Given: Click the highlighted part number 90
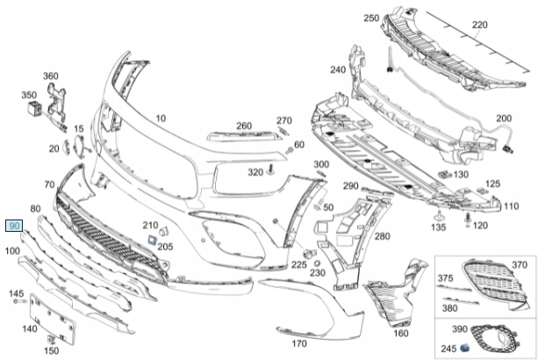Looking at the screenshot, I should (x=13, y=226).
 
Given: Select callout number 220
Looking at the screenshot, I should (x=479, y=25).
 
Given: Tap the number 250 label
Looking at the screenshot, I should (x=370, y=18).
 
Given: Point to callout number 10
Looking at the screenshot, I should (x=160, y=118).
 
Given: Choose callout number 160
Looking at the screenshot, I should (x=400, y=334).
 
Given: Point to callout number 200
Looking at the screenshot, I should (x=503, y=119).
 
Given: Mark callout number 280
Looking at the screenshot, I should (x=382, y=237).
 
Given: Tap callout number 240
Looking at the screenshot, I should (x=338, y=70).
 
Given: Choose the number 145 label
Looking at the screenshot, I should (x=17, y=292).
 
